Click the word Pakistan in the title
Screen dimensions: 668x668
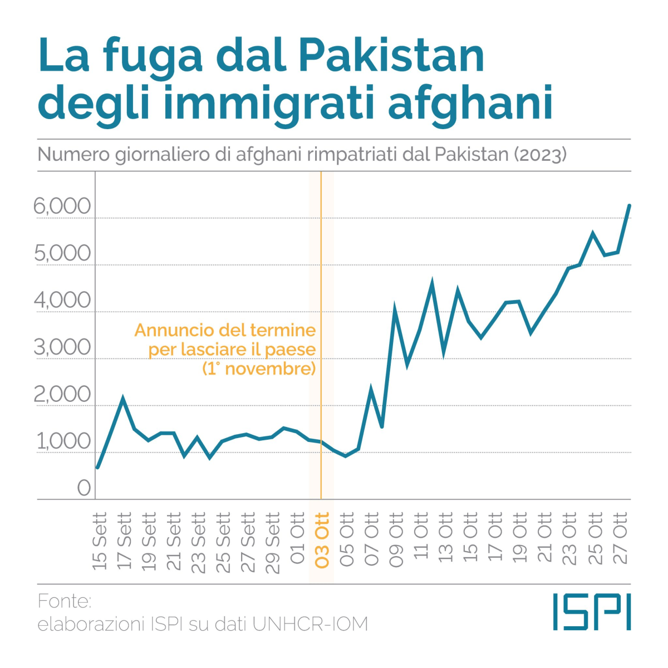pos(391,56)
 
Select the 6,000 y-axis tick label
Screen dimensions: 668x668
pos(62,206)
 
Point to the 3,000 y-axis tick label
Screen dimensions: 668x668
pos(62,347)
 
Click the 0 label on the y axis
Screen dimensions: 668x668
pos(83,488)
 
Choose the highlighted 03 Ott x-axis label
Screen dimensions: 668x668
pos(322,539)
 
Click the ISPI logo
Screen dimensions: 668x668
pos(592,612)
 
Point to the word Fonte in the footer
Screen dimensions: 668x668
pos(64,601)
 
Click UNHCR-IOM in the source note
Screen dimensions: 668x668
pos(310,624)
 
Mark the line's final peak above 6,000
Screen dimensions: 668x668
pos(629,205)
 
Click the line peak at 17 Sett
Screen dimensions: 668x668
pos(122,398)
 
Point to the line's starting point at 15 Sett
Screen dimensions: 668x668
pos(97,468)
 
